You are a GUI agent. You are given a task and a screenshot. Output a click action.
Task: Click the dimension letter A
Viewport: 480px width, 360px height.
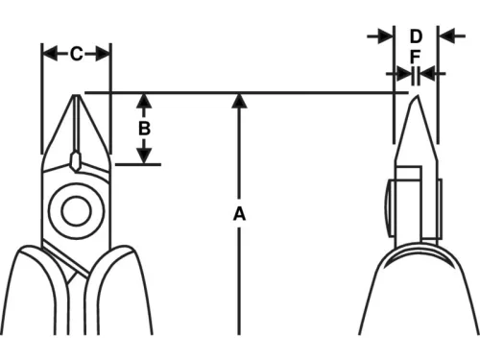[x=239, y=214]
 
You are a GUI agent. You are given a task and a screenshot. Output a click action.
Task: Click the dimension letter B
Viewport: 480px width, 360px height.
[x=144, y=127]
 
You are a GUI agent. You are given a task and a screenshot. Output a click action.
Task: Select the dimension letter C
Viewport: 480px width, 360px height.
[x=76, y=54]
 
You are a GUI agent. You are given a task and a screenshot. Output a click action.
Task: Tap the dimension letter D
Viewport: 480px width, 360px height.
[x=416, y=36]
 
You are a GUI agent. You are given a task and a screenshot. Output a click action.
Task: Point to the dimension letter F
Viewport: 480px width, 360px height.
[x=415, y=57]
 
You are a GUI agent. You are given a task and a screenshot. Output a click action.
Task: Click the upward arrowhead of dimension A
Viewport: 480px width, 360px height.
[x=239, y=101]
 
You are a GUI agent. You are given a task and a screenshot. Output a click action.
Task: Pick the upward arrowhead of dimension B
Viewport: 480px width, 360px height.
[x=144, y=101]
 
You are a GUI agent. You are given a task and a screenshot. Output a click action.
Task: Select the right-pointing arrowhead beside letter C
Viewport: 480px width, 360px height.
[x=103, y=54]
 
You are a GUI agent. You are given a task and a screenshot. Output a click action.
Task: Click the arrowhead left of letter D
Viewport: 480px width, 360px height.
[x=386, y=36]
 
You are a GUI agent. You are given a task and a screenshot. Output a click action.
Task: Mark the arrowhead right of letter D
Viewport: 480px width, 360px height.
[x=446, y=36]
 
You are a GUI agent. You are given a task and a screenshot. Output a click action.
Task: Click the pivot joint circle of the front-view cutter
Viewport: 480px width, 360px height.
[x=75, y=209]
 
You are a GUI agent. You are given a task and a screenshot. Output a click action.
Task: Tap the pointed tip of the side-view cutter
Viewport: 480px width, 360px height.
[x=414, y=99]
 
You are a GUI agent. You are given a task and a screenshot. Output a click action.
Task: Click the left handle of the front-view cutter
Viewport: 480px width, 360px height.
[x=29, y=288]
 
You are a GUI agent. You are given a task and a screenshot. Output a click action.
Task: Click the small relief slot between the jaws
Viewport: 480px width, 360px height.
[x=76, y=159]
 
